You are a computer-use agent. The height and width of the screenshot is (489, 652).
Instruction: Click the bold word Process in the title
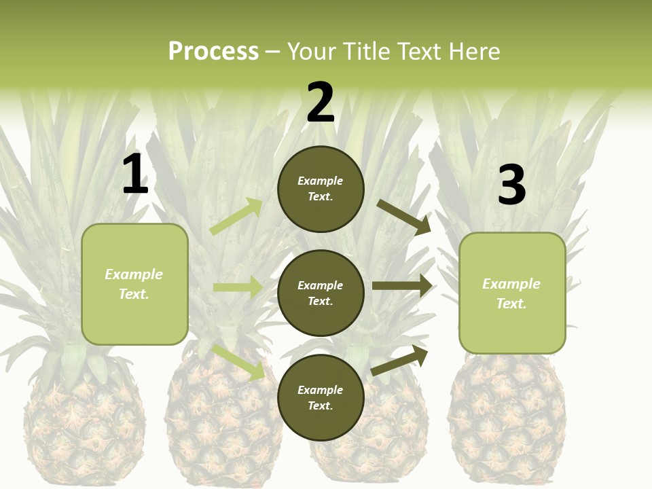pyautogui.click(x=213, y=51)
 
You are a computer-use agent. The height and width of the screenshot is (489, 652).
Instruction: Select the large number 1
pyautogui.click(x=135, y=175)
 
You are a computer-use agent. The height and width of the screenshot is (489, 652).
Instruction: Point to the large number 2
pyautogui.click(x=321, y=103)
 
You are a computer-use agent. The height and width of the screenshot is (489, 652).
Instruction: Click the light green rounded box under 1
pyautogui.click(x=134, y=284)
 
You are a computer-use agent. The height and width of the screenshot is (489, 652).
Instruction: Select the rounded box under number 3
pyautogui.click(x=512, y=293)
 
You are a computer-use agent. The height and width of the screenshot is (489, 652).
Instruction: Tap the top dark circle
pyautogui.click(x=321, y=189)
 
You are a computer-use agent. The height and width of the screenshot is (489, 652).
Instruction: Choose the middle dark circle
pyautogui.click(x=321, y=293)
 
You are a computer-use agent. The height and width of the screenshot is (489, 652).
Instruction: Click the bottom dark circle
pyautogui.click(x=321, y=397)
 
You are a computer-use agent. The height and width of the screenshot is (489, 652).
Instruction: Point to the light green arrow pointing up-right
pyautogui.click(x=236, y=216)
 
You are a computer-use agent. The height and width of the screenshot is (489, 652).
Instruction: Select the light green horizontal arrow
pyautogui.click(x=238, y=287)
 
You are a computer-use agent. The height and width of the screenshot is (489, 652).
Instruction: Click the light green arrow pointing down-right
pyautogui.click(x=239, y=362)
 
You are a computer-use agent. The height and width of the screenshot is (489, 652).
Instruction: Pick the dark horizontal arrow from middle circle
pyautogui.click(x=402, y=285)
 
